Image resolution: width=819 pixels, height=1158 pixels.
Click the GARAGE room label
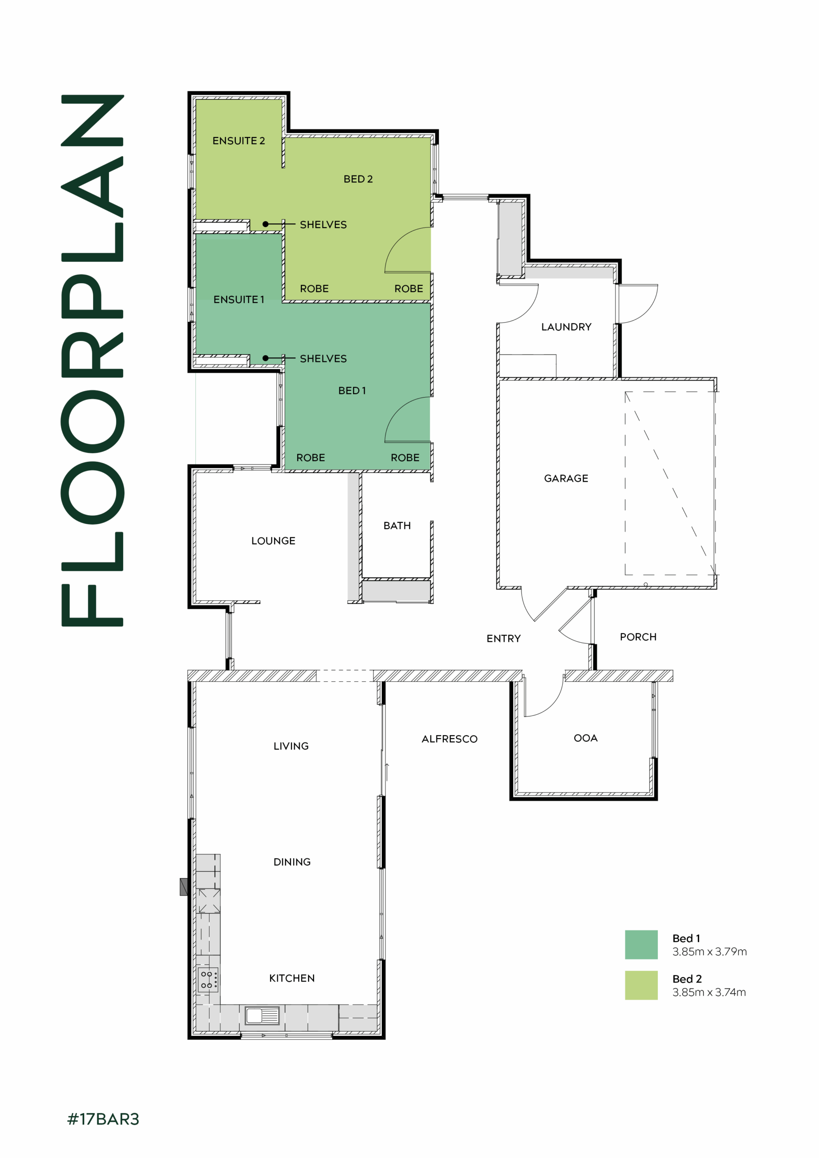pyautogui.click(x=566, y=478)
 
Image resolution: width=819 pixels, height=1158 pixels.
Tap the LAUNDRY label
pyautogui.click(x=566, y=327)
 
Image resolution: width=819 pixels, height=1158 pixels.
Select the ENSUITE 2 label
pyautogui.click(x=238, y=141)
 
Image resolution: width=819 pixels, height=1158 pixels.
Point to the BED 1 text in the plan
pyautogui.click(x=352, y=390)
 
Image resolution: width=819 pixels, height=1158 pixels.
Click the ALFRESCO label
pyautogui.click(x=449, y=739)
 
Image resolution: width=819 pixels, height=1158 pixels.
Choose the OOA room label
pyautogui.click(x=586, y=738)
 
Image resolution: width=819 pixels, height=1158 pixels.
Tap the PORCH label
pyautogui.click(x=638, y=637)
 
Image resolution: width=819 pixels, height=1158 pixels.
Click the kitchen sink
pyautogui.click(x=262, y=1015)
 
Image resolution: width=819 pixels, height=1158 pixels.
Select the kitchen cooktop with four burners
pyautogui.click(x=208, y=980)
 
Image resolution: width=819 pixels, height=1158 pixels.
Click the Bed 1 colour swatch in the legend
pyautogui.click(x=641, y=944)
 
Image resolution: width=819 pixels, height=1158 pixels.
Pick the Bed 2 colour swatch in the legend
pyautogui.click(x=641, y=985)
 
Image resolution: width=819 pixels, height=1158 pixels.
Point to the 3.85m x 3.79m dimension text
pyautogui.click(x=709, y=952)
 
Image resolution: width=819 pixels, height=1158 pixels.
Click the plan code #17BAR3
pyautogui.click(x=103, y=1119)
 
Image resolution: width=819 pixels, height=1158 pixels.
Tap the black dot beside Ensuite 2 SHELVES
pyautogui.click(x=266, y=224)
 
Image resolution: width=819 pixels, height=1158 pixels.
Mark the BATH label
pyautogui.click(x=397, y=526)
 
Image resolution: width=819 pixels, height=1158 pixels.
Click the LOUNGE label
pyautogui.click(x=273, y=541)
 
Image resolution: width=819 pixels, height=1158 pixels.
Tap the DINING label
pyautogui.click(x=292, y=862)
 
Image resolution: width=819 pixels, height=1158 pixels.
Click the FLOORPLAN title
pyautogui.click(x=92, y=360)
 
